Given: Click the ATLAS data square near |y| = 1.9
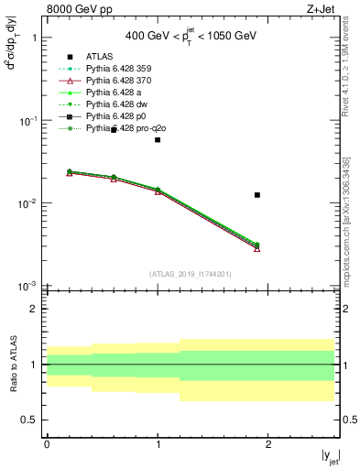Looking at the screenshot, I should tap(257, 194).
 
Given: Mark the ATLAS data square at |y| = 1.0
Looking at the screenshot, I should tap(158, 140).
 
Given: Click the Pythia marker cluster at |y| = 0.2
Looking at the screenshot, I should tap(69, 172).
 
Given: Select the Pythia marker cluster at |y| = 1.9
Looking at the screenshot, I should tap(257, 245).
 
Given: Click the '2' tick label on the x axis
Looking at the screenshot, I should tap(268, 443).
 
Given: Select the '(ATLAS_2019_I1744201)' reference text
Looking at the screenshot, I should tap(190, 274).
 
